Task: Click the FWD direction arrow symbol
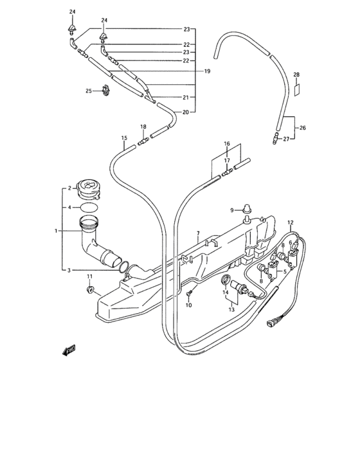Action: [69, 350]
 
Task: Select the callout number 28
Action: [296, 75]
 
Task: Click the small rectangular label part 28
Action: [296, 90]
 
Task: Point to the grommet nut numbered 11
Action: [91, 289]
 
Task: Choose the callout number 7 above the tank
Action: [198, 233]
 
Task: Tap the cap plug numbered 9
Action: [247, 209]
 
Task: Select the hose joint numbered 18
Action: [143, 141]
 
